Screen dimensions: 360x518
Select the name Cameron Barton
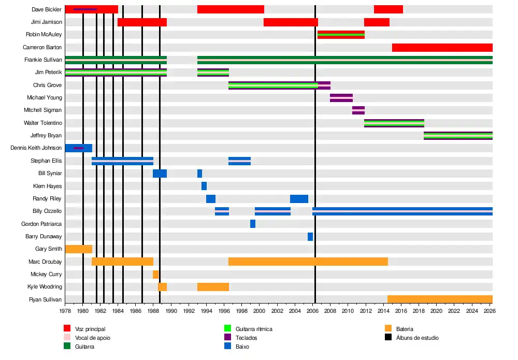pos(42,47)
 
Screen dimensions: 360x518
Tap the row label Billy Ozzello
pos(47,211)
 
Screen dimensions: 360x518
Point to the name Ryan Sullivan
pos(46,299)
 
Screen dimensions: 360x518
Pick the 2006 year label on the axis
pos(313,311)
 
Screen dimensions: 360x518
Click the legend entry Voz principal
pos(90,329)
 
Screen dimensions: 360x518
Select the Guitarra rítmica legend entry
pos(253,329)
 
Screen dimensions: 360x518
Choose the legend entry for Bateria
pos(405,329)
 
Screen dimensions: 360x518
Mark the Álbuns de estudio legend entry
pos(418,338)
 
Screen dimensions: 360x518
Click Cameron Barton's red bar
pos(442,48)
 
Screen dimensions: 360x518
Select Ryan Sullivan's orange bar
pos(440,299)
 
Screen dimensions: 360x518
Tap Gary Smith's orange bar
pos(79,249)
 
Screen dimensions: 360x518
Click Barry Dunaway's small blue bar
pos(310,237)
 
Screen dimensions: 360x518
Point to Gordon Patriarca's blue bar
pos(253,224)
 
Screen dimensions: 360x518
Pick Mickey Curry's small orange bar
pos(155,275)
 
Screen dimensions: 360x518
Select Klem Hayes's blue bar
pos(204,186)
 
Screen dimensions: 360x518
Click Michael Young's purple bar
pos(341,98)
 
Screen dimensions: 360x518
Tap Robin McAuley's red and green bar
pos(341,35)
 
